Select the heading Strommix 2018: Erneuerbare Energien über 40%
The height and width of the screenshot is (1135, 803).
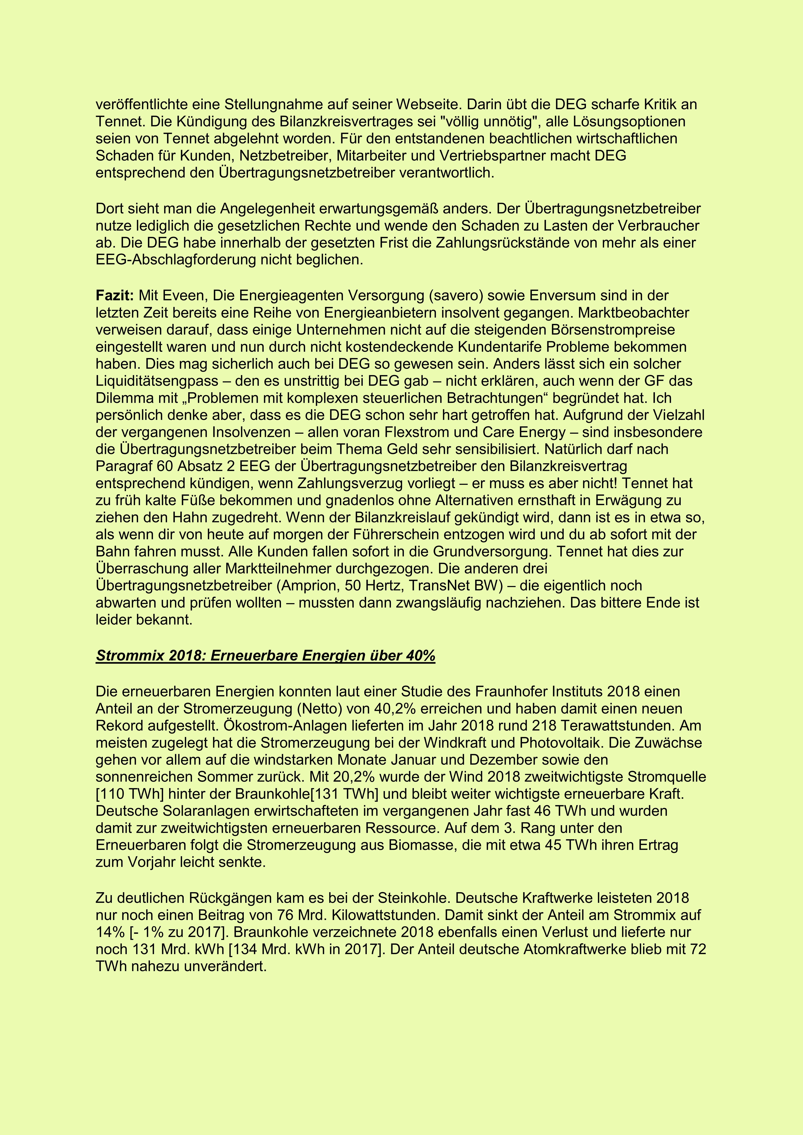pos(265,656)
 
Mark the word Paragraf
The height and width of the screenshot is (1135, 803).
pos(124,466)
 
